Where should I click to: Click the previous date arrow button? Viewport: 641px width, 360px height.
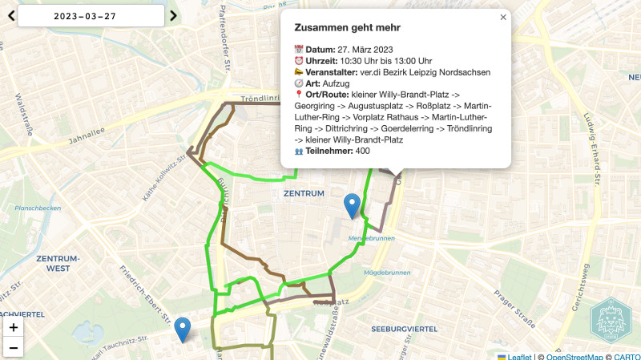pyautogui.click(x=10, y=15)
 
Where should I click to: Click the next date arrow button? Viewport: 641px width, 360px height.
pyautogui.click(x=173, y=15)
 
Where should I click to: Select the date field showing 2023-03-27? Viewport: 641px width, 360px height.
pyautogui.click(x=91, y=15)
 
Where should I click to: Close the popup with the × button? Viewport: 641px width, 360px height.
pyautogui.click(x=503, y=17)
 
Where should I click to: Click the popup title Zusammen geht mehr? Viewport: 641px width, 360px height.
pyautogui.click(x=347, y=27)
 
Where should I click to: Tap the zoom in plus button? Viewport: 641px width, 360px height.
pyautogui.click(x=14, y=327)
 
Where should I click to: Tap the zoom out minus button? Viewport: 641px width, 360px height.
pyautogui.click(x=14, y=347)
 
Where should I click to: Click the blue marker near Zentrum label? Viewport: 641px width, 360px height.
pyautogui.click(x=352, y=205)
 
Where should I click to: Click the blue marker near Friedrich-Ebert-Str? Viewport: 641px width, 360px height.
pyautogui.click(x=183, y=329)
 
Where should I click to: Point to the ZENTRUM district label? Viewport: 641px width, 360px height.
pyautogui.click(x=304, y=193)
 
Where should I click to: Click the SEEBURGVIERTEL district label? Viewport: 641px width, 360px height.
pyautogui.click(x=405, y=329)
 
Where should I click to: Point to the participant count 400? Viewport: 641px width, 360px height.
pyautogui.click(x=362, y=151)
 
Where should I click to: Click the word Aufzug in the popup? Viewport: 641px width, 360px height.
pyautogui.click(x=336, y=83)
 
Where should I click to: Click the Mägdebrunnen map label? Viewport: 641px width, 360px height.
pyautogui.click(x=381, y=273)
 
